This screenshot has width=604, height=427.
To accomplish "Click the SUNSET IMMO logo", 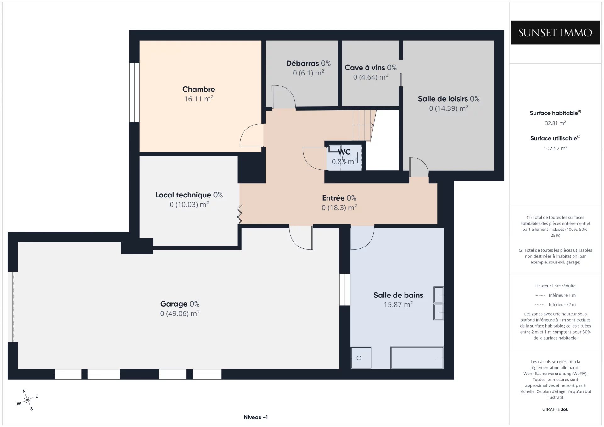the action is pos(555,33).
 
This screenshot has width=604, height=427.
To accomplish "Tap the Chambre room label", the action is pos(199,89).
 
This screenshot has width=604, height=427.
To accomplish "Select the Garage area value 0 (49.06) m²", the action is pos(180,313).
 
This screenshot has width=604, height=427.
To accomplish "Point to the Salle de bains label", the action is pos(398,295).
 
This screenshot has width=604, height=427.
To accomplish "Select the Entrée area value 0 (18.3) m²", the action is pos(339,208).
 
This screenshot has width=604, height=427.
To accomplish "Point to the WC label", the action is pos(344,152).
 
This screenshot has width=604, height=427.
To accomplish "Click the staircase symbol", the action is pos(364,125).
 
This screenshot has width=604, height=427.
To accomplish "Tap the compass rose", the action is pos(28,400).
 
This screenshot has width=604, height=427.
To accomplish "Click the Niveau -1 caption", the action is pos(256,417).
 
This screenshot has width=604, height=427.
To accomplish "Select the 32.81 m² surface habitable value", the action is pos(555,123).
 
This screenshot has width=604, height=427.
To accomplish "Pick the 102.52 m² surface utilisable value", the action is pos(555,148).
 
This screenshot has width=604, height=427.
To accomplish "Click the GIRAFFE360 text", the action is pos(555,409).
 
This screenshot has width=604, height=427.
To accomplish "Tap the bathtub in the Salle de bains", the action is pos(417,358).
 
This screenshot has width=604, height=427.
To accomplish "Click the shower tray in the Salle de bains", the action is pos(361,358).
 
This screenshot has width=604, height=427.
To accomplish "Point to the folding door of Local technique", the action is pos(239,214).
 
